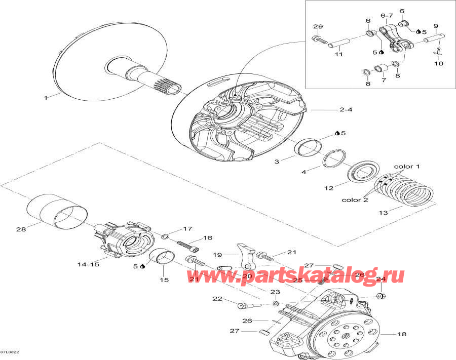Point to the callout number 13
coord(384,213)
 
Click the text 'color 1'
coord(407,167)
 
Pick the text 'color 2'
coord(354,199)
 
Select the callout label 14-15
coord(88,264)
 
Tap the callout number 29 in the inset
coord(318,26)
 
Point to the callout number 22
coord(217,299)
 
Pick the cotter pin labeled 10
coord(438,51)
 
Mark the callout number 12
coord(329,188)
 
